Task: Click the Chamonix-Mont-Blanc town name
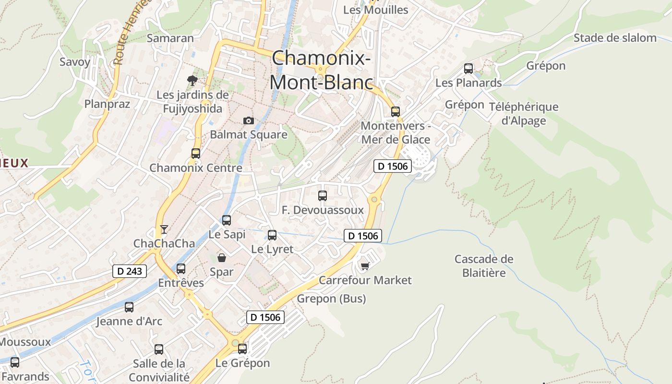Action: (321, 70)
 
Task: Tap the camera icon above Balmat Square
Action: (248, 120)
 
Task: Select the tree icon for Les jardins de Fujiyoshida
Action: (192, 80)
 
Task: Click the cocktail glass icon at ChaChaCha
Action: (164, 229)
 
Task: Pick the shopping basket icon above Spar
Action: (222, 258)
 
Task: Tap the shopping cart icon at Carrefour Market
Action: (365, 265)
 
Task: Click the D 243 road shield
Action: (130, 271)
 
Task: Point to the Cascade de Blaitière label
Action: (484, 266)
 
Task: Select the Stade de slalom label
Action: (615, 38)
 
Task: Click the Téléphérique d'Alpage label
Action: (524, 113)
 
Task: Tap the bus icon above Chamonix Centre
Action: (196, 154)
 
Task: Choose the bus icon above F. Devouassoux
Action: (323, 196)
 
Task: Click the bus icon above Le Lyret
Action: (272, 235)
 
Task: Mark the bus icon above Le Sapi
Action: (227, 220)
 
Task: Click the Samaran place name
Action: (170, 38)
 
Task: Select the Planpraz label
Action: (107, 104)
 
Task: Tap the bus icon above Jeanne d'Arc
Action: (129, 307)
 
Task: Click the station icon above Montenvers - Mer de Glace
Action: (395, 111)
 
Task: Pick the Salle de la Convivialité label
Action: (159, 370)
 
